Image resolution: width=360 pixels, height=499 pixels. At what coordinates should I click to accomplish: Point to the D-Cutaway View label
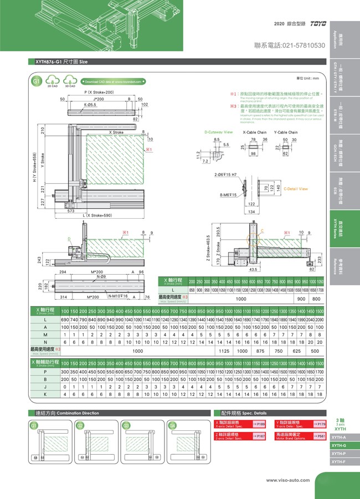[218, 132]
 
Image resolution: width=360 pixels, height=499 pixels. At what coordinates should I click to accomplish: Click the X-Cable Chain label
[254, 132]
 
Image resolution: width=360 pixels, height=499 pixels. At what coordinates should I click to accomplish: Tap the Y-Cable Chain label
[286, 132]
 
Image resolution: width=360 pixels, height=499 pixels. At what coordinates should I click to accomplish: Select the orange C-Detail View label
[295, 189]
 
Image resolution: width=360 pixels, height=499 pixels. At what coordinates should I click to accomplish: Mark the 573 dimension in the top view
[71, 211]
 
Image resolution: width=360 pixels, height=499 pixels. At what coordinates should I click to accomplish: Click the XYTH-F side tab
[339, 461]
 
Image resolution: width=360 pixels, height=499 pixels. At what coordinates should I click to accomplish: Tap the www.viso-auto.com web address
[286, 480]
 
